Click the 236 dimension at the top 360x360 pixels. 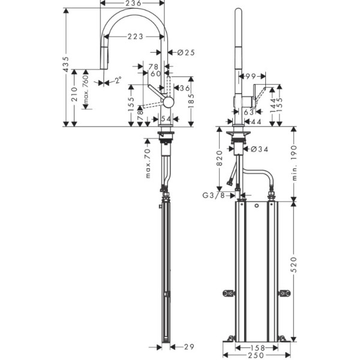click(133, 4)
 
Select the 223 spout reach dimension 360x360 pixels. click(135, 37)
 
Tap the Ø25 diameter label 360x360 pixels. click(187, 53)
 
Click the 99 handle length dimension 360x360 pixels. click(250, 76)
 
